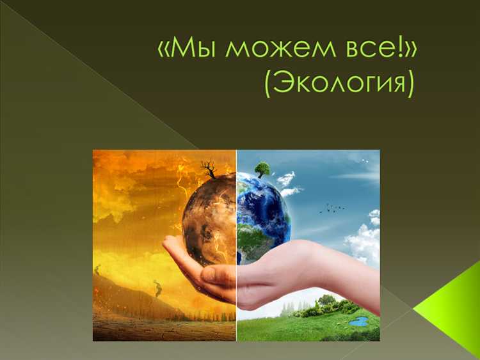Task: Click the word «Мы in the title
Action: (186, 50)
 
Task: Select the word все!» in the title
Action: (371, 50)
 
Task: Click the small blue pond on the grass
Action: (358, 322)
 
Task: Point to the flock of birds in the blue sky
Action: (332, 207)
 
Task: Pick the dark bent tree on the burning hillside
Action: (157, 288)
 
